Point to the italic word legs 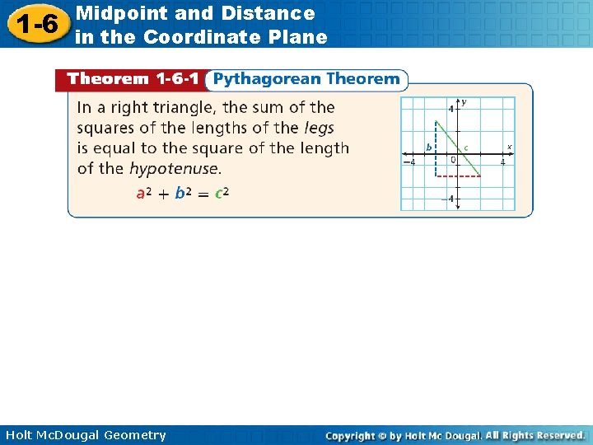pyautogui.click(x=319, y=128)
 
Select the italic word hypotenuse pyautogui.click(x=174, y=169)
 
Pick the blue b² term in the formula pyautogui.click(x=183, y=194)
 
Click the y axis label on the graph pyautogui.click(x=464, y=102)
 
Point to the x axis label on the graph pyautogui.click(x=509, y=147)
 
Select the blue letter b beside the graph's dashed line pyautogui.click(x=428, y=148)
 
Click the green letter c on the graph pyautogui.click(x=466, y=148)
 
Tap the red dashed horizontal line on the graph pyautogui.click(x=458, y=176)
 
